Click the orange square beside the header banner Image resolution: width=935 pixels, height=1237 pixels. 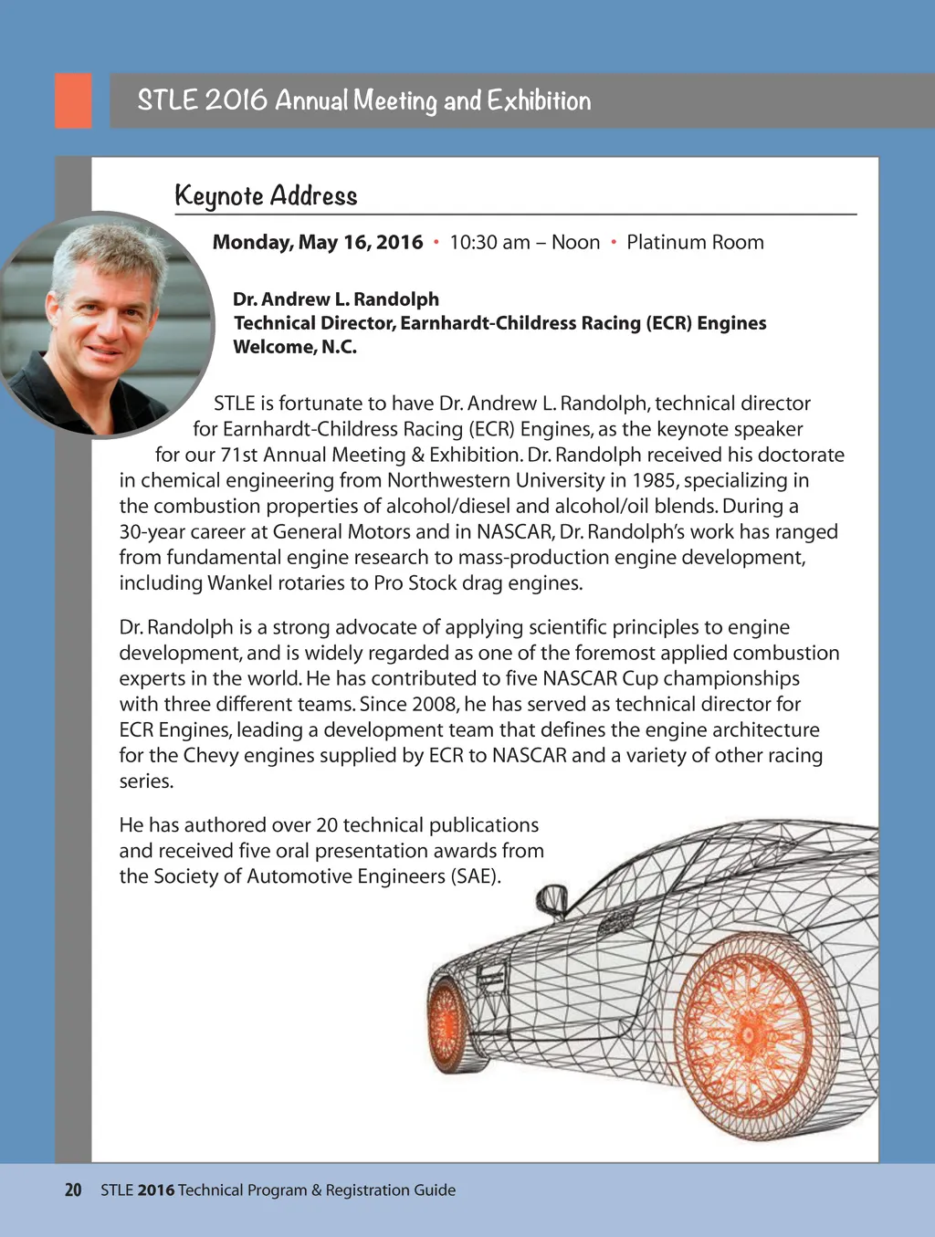tap(73, 100)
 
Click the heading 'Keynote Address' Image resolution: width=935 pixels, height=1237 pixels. tap(266, 196)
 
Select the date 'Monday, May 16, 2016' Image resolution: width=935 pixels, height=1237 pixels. tap(318, 243)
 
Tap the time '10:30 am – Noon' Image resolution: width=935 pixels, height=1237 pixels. tap(524, 243)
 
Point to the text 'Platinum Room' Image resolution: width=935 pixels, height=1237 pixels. tap(695, 243)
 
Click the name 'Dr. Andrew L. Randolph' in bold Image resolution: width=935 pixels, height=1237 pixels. tap(336, 299)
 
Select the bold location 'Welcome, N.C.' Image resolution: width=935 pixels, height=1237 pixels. tap(295, 347)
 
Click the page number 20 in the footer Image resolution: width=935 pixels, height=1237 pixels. tap(73, 1190)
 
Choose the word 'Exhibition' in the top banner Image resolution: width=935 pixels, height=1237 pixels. tap(539, 100)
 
